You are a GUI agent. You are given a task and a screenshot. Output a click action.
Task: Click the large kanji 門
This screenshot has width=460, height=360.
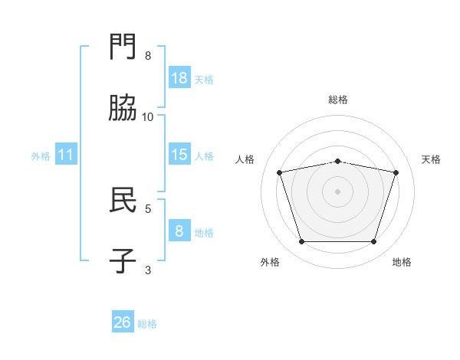pyautogui.click(x=123, y=46)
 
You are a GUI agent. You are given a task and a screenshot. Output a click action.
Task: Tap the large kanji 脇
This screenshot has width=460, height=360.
pyautogui.click(x=123, y=107)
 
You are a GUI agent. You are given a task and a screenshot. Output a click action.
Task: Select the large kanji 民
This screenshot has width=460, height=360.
pyautogui.click(x=123, y=199)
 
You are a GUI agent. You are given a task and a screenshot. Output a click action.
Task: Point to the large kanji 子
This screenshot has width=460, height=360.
pyautogui.click(x=123, y=260)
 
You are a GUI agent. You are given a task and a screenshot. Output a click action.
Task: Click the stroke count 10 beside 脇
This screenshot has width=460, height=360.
pyautogui.click(x=147, y=117)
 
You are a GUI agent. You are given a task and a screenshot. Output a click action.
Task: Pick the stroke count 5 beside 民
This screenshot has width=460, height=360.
pyautogui.click(x=148, y=209)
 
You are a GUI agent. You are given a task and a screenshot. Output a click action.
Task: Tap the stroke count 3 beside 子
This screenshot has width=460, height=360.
pyautogui.click(x=148, y=270)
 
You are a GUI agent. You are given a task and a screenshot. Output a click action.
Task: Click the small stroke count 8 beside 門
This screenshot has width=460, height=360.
pyautogui.click(x=148, y=56)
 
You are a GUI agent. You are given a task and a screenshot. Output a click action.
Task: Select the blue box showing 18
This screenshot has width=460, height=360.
pyautogui.click(x=179, y=77)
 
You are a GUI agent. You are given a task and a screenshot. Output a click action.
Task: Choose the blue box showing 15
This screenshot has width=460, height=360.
pyautogui.click(x=179, y=154)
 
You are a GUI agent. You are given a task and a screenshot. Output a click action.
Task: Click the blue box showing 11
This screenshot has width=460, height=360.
pyautogui.click(x=66, y=154)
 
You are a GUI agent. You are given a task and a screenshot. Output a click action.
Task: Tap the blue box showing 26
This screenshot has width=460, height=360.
pyautogui.click(x=123, y=321)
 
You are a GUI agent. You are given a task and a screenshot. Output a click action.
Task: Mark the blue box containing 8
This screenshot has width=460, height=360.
pyautogui.click(x=179, y=230)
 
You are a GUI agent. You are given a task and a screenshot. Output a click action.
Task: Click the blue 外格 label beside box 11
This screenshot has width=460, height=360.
pyautogui.click(x=41, y=156)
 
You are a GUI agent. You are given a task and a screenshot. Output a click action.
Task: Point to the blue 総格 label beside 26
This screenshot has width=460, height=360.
pyautogui.click(x=147, y=324)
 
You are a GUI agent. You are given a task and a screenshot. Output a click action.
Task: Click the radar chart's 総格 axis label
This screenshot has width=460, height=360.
pyautogui.click(x=338, y=100)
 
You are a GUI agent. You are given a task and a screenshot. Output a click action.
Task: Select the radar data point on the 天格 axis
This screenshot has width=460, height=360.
pyautogui.click(x=396, y=172)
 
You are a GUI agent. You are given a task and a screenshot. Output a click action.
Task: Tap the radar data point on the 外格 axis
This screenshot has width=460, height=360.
pyautogui.click(x=302, y=241)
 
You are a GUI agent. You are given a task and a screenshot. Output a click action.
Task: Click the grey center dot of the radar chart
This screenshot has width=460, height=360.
pyautogui.click(x=337, y=191)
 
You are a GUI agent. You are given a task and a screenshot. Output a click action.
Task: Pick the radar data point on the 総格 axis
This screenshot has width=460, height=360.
pyautogui.click(x=337, y=162)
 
